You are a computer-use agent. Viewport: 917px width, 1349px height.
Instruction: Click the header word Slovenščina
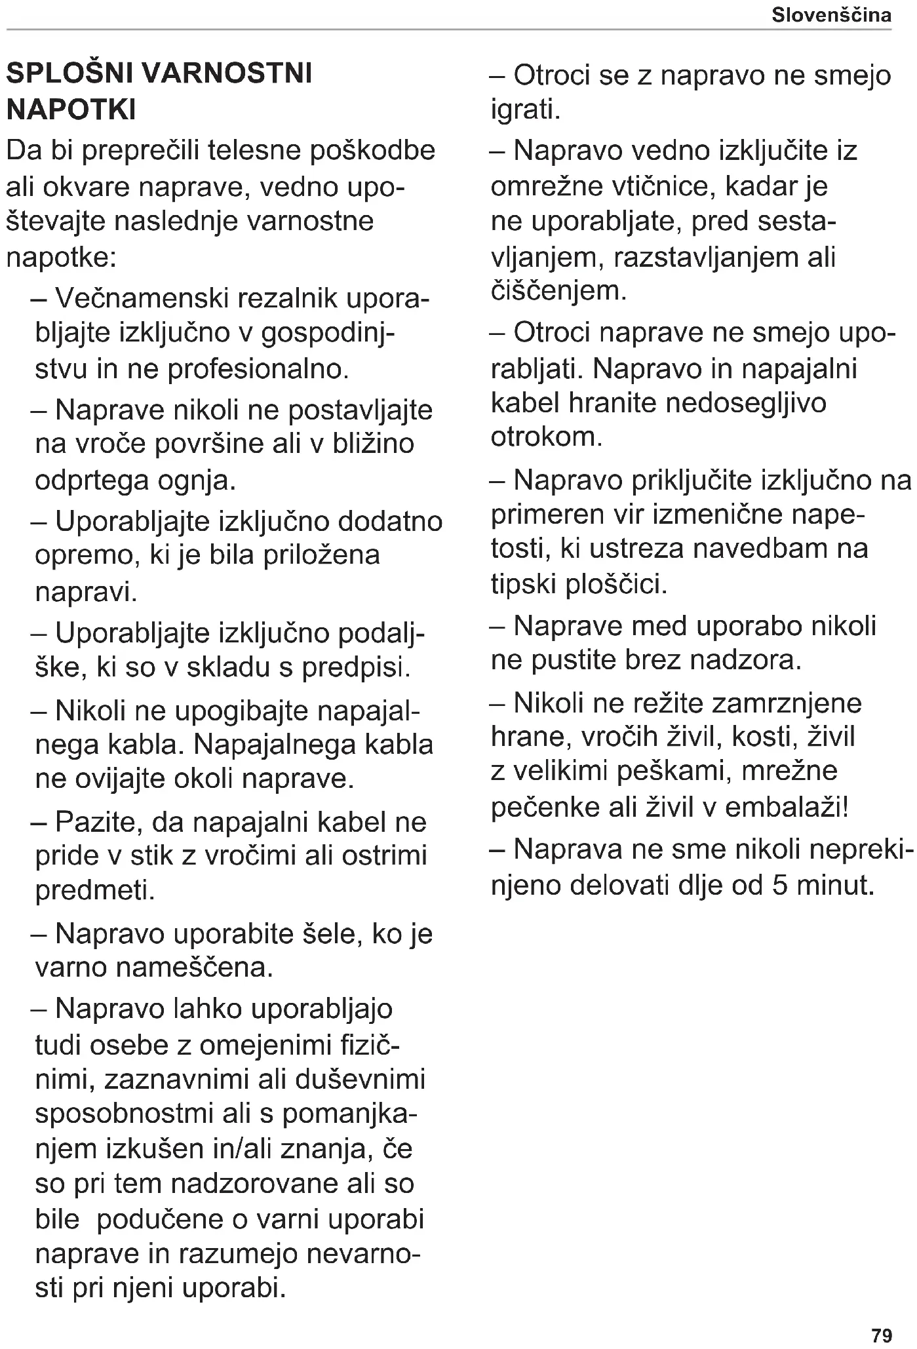point(831,15)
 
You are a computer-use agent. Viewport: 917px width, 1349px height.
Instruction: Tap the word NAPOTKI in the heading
point(71,109)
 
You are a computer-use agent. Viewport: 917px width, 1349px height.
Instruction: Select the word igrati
point(526,109)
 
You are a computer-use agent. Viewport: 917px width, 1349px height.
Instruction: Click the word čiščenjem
point(558,290)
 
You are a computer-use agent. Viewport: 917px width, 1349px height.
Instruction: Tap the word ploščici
point(615,583)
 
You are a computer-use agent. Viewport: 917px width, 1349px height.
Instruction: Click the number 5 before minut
point(780,886)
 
